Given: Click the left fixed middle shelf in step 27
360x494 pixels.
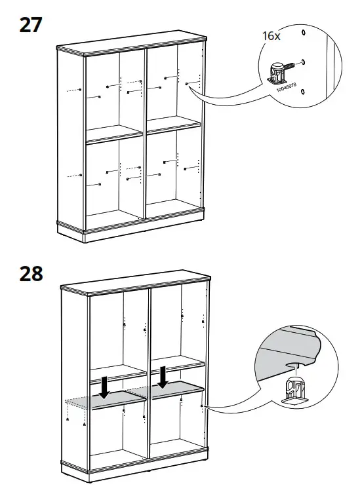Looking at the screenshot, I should [115, 134].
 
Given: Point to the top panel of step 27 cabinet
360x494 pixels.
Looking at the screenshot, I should [131, 46].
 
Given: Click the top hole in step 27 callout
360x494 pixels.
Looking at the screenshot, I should [302, 31].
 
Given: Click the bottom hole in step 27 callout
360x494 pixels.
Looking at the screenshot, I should [302, 93].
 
